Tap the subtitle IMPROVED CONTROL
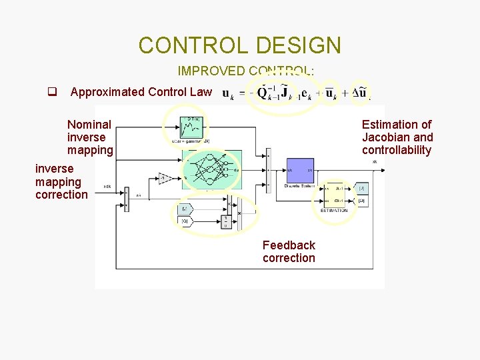pos(245,71)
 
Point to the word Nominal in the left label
pos(89,124)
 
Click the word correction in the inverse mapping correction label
pos(61,195)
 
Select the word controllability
pos(397,150)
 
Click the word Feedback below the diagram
pos(289,245)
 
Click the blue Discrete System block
pos(300,172)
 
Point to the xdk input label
pos(107,186)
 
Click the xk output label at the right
pos(375,162)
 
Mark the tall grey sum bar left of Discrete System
pos(267,171)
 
